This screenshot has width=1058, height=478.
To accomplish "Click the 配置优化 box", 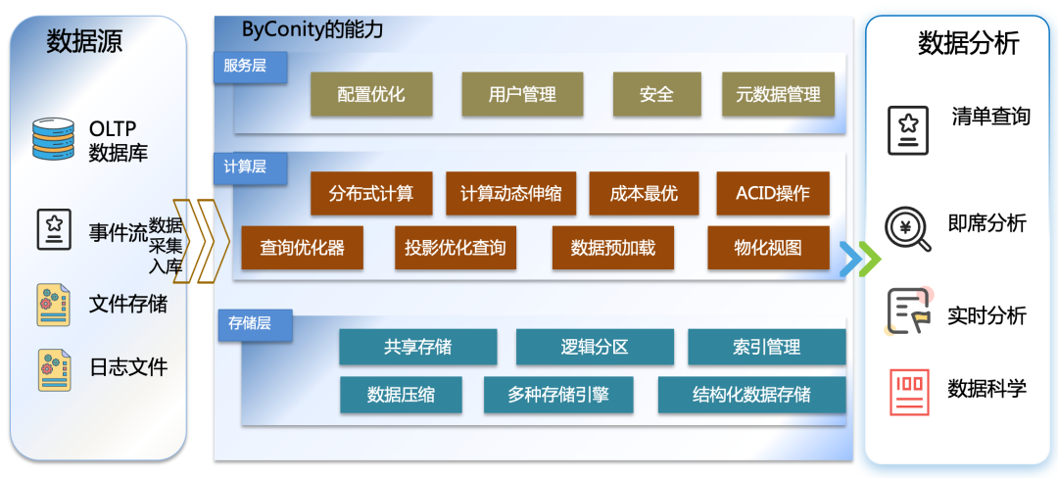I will [x=371, y=95].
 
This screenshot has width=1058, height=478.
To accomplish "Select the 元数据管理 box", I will [x=778, y=95].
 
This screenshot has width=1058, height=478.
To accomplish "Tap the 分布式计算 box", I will [x=371, y=193].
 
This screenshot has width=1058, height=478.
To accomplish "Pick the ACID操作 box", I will [x=773, y=193].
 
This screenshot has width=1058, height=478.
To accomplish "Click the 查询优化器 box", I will [x=302, y=248].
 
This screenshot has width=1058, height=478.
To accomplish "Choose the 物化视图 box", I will [x=768, y=248].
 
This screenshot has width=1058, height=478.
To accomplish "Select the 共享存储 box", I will [x=418, y=347].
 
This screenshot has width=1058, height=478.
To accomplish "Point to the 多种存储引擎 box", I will [x=558, y=395].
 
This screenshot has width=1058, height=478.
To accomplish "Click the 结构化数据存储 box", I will [x=751, y=395].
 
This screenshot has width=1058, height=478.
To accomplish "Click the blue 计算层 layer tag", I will [x=245, y=167].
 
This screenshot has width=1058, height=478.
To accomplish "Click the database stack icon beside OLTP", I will [x=53, y=139].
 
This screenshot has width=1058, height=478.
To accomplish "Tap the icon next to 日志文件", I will [x=53, y=367].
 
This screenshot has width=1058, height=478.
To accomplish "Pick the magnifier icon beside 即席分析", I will [x=907, y=227].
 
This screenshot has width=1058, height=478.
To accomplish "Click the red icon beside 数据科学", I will [x=909, y=391].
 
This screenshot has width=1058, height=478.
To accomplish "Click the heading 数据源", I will [x=85, y=42].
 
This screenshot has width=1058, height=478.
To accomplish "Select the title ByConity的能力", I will [x=313, y=29].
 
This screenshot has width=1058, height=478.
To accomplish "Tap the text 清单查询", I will [x=990, y=117].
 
